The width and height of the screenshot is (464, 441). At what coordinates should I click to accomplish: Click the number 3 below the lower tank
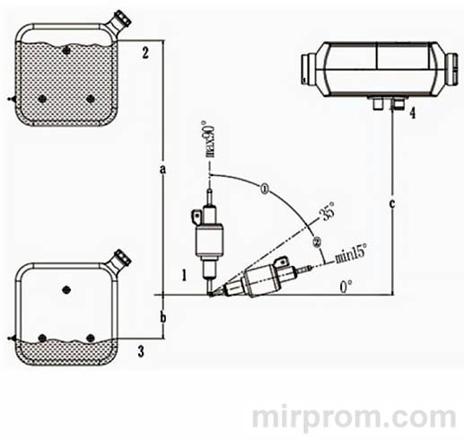tap(142, 350)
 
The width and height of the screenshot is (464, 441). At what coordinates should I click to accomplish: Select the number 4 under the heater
tap(412, 114)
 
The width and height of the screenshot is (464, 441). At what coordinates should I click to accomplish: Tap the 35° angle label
tap(326, 216)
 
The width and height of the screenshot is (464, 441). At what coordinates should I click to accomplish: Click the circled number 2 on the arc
tap(316, 241)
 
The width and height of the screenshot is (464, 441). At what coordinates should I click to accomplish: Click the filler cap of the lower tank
tap(121, 259)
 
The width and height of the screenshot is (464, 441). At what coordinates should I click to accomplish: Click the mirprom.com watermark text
tap(357, 418)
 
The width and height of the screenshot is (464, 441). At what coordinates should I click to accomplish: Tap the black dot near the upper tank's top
tap(67, 50)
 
